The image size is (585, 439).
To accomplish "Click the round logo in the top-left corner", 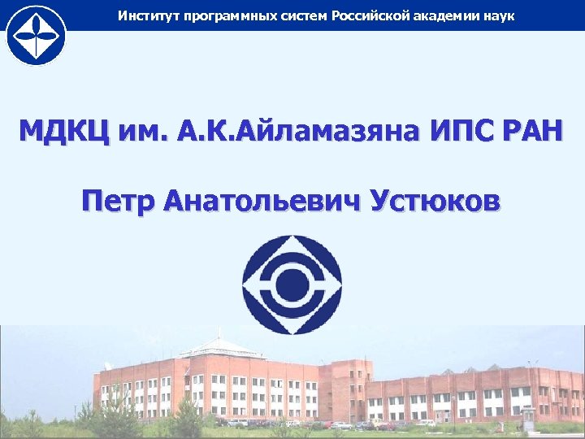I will (35, 34).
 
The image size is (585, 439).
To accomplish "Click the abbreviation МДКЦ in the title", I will (59, 132).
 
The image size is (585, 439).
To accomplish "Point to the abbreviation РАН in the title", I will (527, 132).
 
